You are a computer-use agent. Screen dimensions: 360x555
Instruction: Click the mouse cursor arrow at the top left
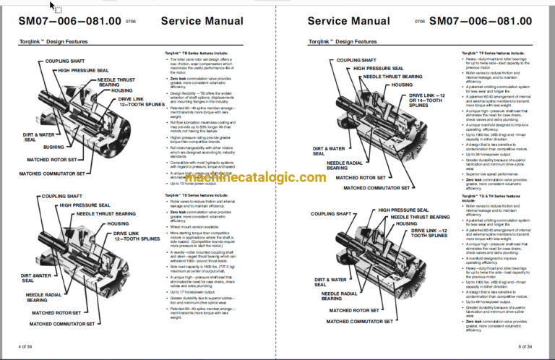52,5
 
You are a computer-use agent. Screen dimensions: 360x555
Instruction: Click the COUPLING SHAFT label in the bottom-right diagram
332,214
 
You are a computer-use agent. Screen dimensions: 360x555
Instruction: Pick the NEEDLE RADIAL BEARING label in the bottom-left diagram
46,298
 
